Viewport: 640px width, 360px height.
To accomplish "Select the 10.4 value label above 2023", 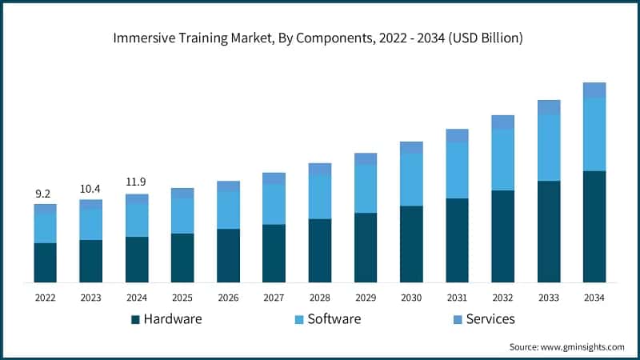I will (x=90, y=189).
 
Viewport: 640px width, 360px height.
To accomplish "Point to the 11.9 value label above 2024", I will (x=137, y=182).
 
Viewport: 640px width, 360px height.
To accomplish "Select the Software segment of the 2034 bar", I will (x=594, y=134).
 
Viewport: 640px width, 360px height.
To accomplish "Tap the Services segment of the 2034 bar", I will (x=594, y=90).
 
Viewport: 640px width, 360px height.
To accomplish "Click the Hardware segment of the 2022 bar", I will (x=45, y=262).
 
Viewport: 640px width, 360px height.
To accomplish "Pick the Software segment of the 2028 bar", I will (x=320, y=197).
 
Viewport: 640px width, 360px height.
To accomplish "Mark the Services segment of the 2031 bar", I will (x=457, y=135).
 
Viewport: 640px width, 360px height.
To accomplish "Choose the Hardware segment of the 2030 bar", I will (x=411, y=244).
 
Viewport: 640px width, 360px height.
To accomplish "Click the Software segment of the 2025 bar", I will (x=182, y=216).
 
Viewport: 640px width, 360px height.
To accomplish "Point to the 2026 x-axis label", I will (x=228, y=298).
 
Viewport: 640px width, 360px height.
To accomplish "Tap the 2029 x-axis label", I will (x=366, y=298).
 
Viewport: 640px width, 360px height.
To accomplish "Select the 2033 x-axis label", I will (x=549, y=298).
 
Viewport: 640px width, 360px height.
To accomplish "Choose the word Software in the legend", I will (x=334, y=319).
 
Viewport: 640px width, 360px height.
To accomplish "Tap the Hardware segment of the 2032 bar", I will (x=502, y=236).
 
